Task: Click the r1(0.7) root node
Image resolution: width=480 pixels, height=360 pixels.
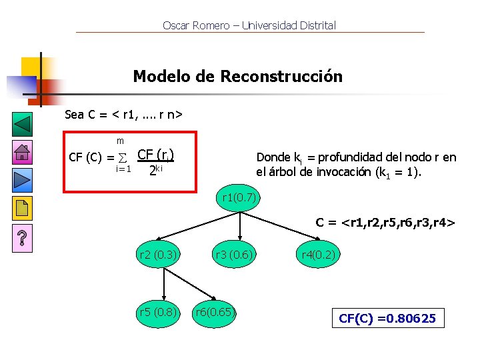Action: (x=237, y=197)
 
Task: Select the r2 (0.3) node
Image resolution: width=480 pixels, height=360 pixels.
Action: (x=157, y=254)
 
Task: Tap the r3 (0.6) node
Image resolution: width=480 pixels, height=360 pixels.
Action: (x=233, y=254)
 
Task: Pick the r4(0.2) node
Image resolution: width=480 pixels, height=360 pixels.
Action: (x=319, y=254)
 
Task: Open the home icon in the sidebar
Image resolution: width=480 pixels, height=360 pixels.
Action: (x=22, y=153)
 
